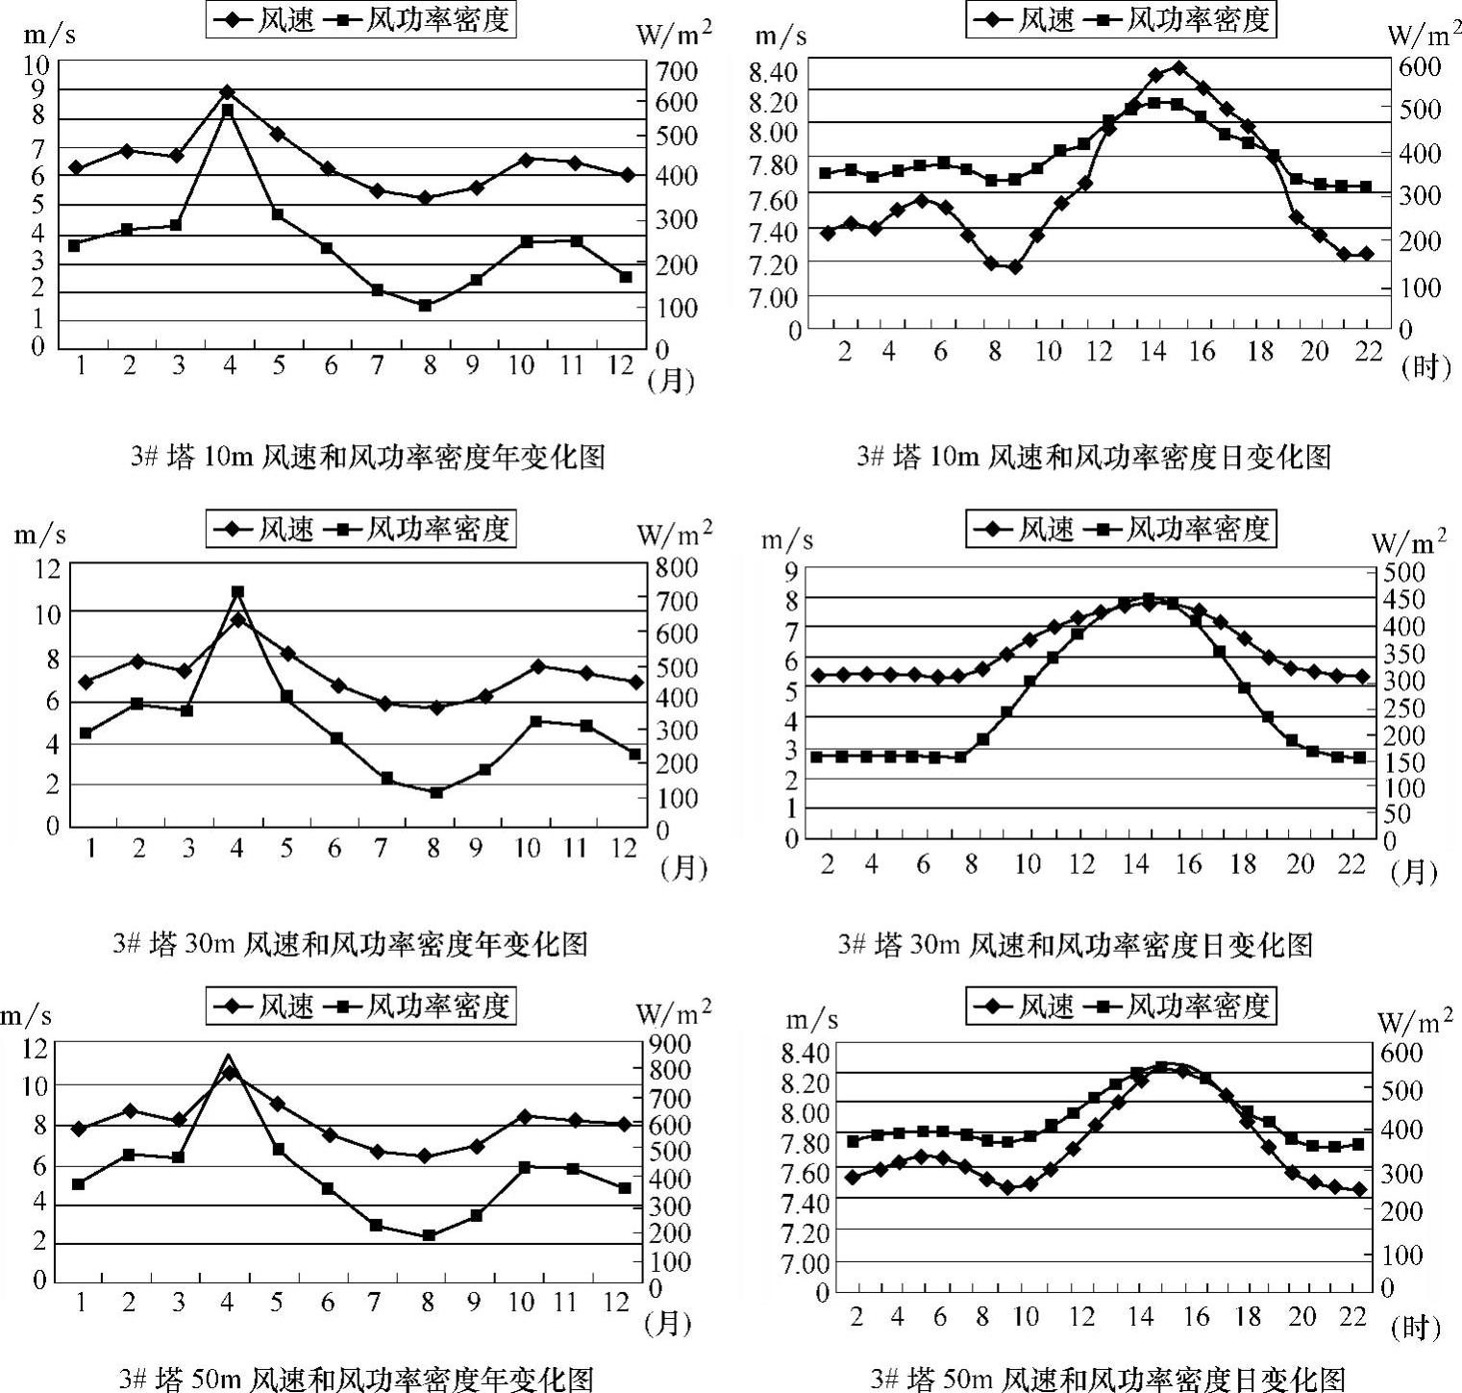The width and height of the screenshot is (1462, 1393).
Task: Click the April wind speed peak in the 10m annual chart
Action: (228, 92)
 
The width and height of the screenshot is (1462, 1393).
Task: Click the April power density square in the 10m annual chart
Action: (228, 112)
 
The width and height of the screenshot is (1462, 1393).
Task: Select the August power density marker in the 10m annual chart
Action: (425, 306)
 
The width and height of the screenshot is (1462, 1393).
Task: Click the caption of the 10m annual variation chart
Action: (368, 456)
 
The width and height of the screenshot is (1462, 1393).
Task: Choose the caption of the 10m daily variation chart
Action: (1094, 456)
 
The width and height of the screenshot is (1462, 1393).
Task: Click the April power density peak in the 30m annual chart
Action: (237, 592)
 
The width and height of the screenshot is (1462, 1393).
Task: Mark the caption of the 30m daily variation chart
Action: (1075, 944)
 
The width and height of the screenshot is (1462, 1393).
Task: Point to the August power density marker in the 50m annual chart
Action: (429, 1235)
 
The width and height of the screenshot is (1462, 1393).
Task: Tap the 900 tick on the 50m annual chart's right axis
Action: (675, 1043)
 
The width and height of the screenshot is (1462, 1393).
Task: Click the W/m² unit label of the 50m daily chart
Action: (1414, 1020)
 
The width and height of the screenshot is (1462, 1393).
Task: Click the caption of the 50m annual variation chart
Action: (356, 1378)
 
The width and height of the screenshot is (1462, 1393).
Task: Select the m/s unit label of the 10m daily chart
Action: (781, 36)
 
